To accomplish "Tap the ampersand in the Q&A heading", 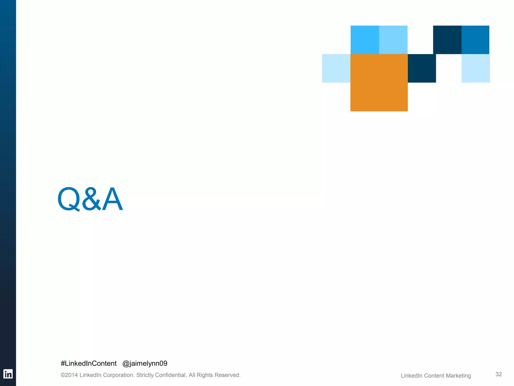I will (91, 199).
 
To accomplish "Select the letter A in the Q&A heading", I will (112, 199).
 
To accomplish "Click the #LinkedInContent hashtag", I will (89, 363).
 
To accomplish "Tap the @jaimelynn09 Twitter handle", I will (145, 363).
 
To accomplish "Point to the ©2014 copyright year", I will (70, 375).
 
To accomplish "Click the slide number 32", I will (498, 374).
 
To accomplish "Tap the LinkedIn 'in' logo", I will (8, 374).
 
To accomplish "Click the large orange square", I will (379, 83).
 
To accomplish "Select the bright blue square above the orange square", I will (365, 40).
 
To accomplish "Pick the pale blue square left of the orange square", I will (336, 68).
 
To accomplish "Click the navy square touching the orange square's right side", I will (422, 68).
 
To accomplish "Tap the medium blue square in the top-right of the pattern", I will (475, 40).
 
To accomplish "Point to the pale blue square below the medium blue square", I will (476, 68).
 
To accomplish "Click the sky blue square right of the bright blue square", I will (393, 40).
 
